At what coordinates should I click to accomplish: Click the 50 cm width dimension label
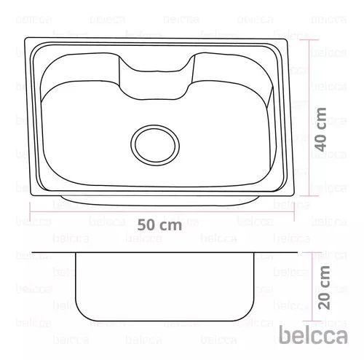(x=159, y=225)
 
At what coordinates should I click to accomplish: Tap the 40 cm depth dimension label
(x=320, y=130)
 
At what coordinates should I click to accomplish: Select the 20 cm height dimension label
(x=324, y=288)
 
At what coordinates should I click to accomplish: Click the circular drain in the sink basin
(x=155, y=145)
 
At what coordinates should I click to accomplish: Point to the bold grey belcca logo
(x=313, y=335)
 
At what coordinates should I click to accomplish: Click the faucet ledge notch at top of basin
(x=157, y=77)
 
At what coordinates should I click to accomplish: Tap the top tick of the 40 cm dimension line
(x=309, y=40)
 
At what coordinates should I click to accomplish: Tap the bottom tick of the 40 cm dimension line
(x=309, y=195)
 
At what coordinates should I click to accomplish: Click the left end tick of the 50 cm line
(x=30, y=211)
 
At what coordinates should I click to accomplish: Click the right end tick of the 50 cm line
(x=294, y=211)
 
